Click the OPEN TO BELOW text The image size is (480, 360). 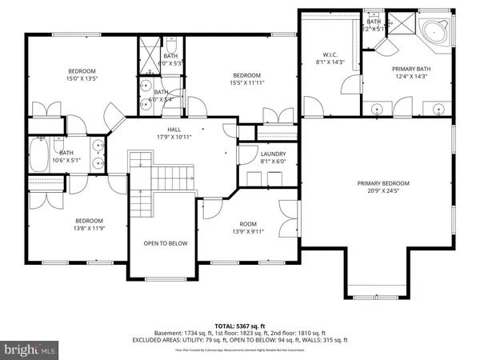click(166, 243)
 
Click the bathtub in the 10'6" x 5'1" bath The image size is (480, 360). click(38, 155)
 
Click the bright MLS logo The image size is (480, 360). click(30, 349)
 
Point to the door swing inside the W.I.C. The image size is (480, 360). click(346, 86)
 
